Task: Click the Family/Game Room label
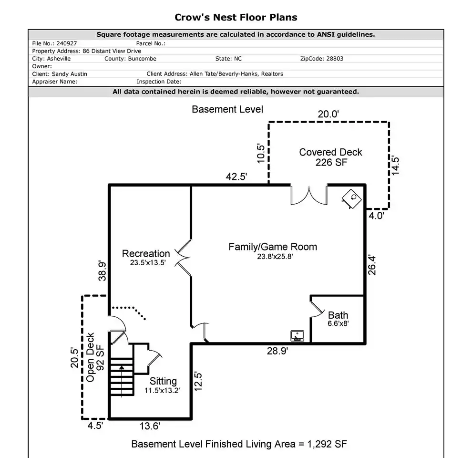[x=273, y=247]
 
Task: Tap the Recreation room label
[x=146, y=253]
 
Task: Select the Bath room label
[x=338, y=315]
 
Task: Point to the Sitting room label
[x=163, y=381]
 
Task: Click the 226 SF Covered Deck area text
[x=331, y=162]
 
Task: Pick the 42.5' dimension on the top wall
[x=236, y=176]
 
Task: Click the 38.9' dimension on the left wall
[x=103, y=271]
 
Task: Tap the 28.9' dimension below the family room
[x=277, y=351]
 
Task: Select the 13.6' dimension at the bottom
[x=150, y=426]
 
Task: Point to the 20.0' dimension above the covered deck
[x=328, y=114]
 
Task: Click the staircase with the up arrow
[x=122, y=376]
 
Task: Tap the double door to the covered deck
[x=309, y=196]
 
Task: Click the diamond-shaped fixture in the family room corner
[x=351, y=199]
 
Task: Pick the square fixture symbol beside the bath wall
[x=297, y=336]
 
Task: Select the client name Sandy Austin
[x=70, y=74]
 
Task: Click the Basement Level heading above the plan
[x=227, y=109]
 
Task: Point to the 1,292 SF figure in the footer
[x=327, y=444]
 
